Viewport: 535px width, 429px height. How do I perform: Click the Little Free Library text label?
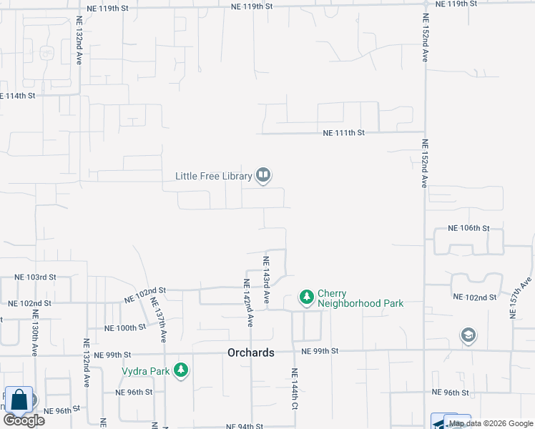click(x=214, y=175)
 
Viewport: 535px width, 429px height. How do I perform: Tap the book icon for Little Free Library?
click(x=263, y=174)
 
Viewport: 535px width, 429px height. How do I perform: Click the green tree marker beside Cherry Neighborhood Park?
click(x=306, y=297)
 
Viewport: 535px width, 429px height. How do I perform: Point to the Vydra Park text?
click(x=145, y=370)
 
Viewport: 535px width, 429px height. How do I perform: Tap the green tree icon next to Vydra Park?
click(x=182, y=370)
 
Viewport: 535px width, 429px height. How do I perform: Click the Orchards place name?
click(x=250, y=352)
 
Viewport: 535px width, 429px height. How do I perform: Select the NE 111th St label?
click(x=344, y=133)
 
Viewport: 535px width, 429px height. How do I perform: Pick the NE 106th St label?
click(x=468, y=228)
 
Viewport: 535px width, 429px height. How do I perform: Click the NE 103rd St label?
click(x=36, y=277)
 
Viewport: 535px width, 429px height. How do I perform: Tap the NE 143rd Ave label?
click(x=266, y=279)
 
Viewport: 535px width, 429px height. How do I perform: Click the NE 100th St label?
click(x=125, y=327)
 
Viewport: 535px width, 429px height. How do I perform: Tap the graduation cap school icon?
click(x=468, y=335)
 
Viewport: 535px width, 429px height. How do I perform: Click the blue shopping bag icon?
click(x=19, y=400)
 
